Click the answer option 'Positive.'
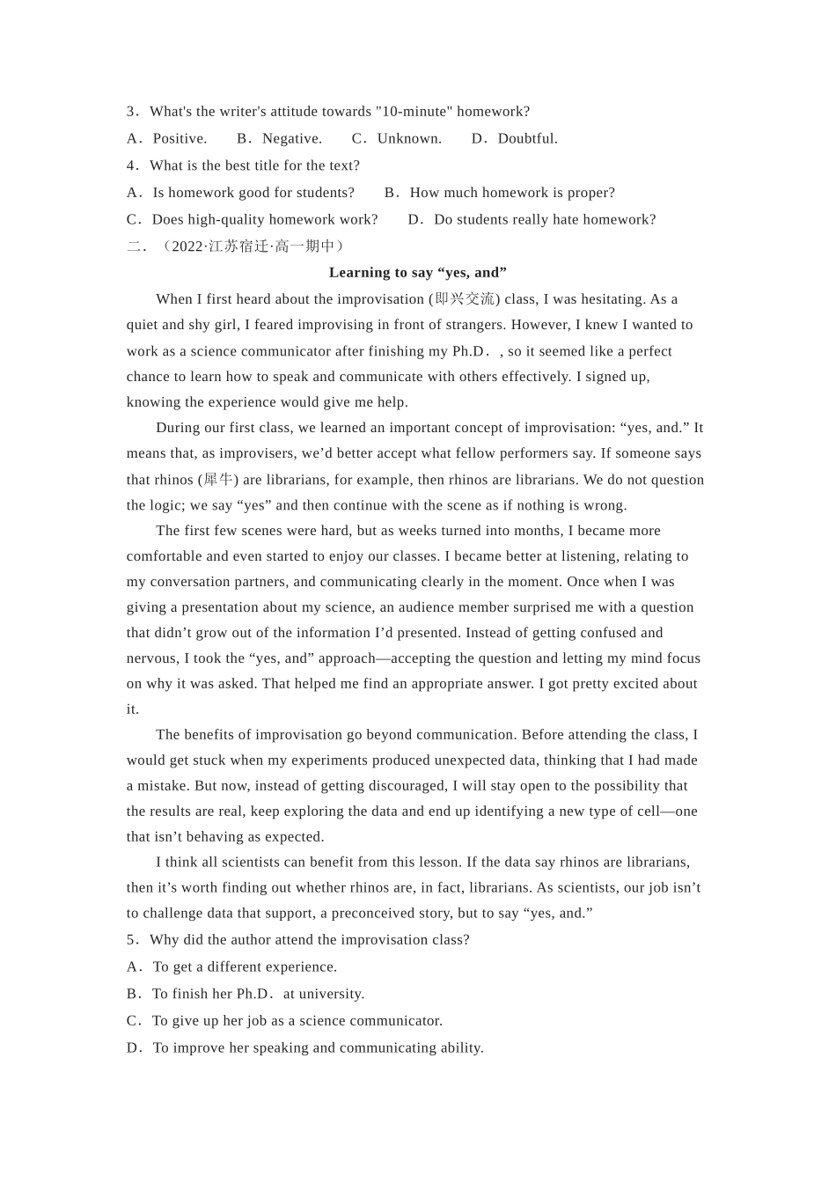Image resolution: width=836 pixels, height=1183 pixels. tap(180, 138)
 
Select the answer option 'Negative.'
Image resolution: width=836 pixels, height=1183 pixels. tap(292, 138)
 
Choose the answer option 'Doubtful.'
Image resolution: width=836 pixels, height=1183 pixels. tap(527, 138)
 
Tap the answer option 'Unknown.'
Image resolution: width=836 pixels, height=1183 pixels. tap(409, 138)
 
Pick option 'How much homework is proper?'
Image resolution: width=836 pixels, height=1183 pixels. tap(512, 193)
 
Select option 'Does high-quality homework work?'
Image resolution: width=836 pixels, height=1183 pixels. tap(264, 219)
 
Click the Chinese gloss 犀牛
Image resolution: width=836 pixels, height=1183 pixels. tap(218, 480)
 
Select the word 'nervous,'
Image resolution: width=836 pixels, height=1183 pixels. tap(152, 658)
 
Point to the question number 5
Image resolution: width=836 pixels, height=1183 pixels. tap(131, 940)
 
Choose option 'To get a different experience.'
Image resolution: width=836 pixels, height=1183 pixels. tap(245, 967)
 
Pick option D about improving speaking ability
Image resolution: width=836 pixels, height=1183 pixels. tap(318, 1047)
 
